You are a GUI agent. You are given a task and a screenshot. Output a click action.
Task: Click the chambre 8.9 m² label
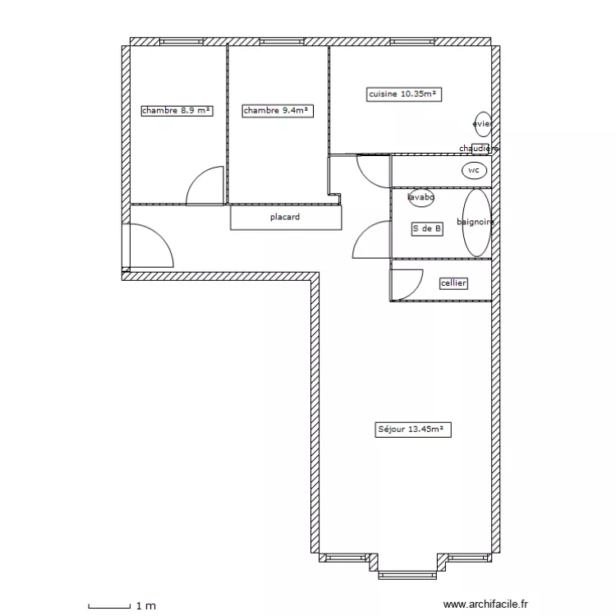pos(177,111)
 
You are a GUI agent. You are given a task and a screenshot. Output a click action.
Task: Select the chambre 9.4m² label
pos(278,111)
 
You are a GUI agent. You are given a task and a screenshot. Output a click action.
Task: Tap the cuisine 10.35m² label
pos(404,94)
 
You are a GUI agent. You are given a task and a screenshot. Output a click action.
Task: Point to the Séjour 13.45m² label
pos(413,430)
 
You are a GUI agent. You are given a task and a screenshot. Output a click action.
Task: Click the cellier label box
pos(453,283)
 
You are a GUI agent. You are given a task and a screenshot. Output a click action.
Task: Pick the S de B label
pos(427,228)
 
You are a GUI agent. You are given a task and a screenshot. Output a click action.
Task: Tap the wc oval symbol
pos(474,171)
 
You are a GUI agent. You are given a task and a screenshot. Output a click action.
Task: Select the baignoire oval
pos(476,223)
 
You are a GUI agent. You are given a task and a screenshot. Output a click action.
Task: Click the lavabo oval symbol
pos(421,197)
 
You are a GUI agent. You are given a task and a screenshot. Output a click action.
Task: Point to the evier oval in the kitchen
pos(483,124)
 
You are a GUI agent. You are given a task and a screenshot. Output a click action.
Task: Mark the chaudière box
pos(480,149)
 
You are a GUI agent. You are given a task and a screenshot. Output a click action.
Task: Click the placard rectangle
pos(286,218)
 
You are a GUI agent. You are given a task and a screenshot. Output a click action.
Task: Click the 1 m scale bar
pos(109,606)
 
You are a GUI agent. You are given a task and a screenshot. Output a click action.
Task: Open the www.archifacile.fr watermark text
pos(485,605)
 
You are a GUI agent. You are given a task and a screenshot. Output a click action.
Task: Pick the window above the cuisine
pos(412,42)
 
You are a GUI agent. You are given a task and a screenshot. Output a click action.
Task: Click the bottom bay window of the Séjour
pos(407,576)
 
